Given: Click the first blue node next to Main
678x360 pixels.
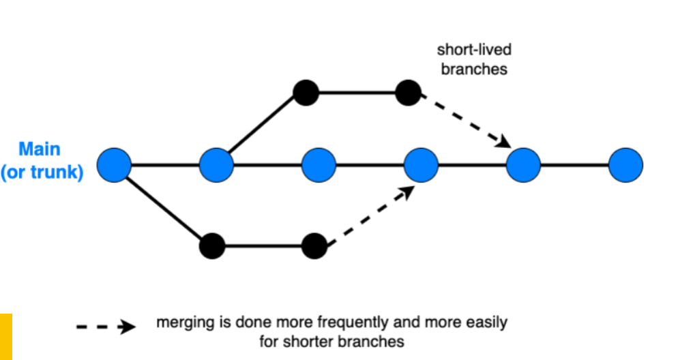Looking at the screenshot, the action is point(114,165).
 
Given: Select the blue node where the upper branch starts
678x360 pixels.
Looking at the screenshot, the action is point(216,165).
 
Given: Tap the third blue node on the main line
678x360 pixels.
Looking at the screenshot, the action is point(319,165).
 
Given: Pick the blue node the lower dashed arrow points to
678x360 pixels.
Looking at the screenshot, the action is point(421,165).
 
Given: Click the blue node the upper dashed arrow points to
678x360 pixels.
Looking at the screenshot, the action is point(523,165).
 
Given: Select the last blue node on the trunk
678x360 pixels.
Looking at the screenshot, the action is point(625,165).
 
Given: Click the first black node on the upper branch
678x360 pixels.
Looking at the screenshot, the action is point(306,93).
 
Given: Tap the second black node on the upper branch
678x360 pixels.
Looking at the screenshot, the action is point(408,93).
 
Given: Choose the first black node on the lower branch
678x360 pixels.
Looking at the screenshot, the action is point(212,246).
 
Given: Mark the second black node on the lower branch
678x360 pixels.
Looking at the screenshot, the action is point(314,246).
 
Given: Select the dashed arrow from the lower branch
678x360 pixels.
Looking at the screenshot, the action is point(371,215).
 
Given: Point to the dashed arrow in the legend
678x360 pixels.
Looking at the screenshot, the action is point(106,327).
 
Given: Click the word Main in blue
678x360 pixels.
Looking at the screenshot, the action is point(40,149).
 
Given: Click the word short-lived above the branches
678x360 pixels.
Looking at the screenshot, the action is point(474,50).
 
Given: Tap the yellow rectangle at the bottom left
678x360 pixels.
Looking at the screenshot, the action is point(6,337).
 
